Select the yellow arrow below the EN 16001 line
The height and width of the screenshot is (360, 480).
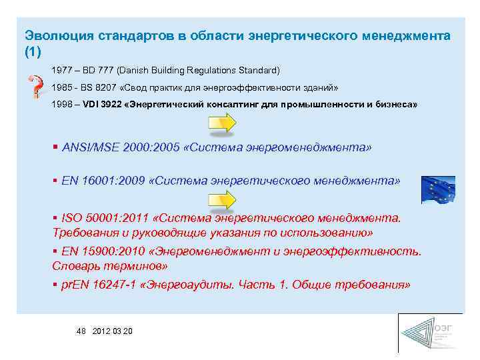coord(222,200)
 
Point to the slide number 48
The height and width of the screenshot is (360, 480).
coord(82,331)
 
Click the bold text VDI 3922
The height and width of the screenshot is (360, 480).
coord(102,105)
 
